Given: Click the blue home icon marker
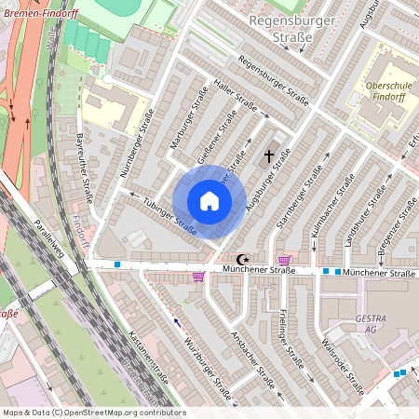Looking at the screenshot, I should pos(209,201).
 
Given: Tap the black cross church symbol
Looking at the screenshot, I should pos(270,155).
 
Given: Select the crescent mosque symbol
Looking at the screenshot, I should pos(244,260).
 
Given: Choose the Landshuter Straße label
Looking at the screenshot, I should pos(366,216).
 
